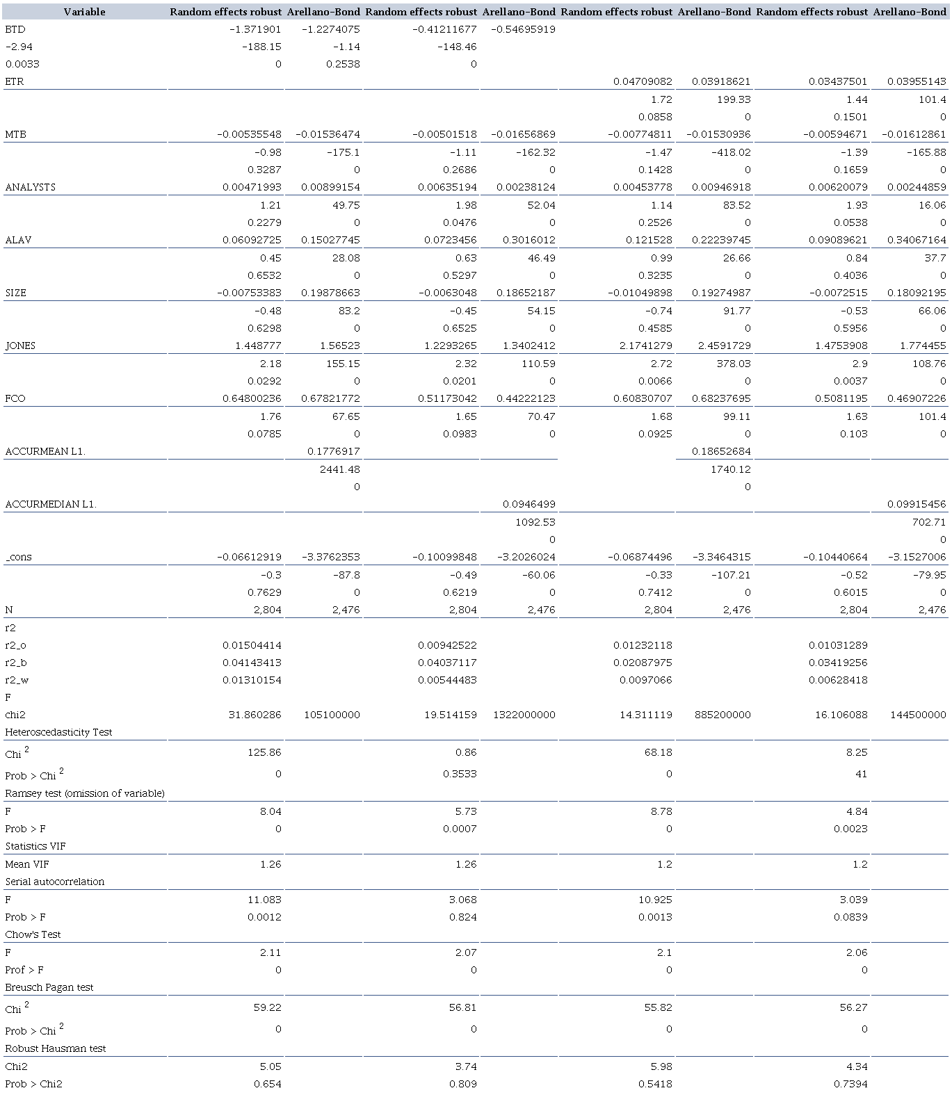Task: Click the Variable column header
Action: [84, 12]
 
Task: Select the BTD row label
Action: [15, 29]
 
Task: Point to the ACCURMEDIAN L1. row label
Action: [51, 504]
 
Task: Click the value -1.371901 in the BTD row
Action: [255, 29]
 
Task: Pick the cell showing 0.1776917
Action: [334, 451]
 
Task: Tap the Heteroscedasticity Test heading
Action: [58, 732]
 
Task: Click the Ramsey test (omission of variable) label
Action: [85, 793]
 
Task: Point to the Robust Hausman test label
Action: [56, 1048]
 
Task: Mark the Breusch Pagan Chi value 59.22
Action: [268, 1007]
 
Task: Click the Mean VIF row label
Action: [27, 864]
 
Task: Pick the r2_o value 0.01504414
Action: [252, 645]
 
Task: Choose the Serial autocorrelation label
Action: [55, 882]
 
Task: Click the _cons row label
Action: [19, 557]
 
